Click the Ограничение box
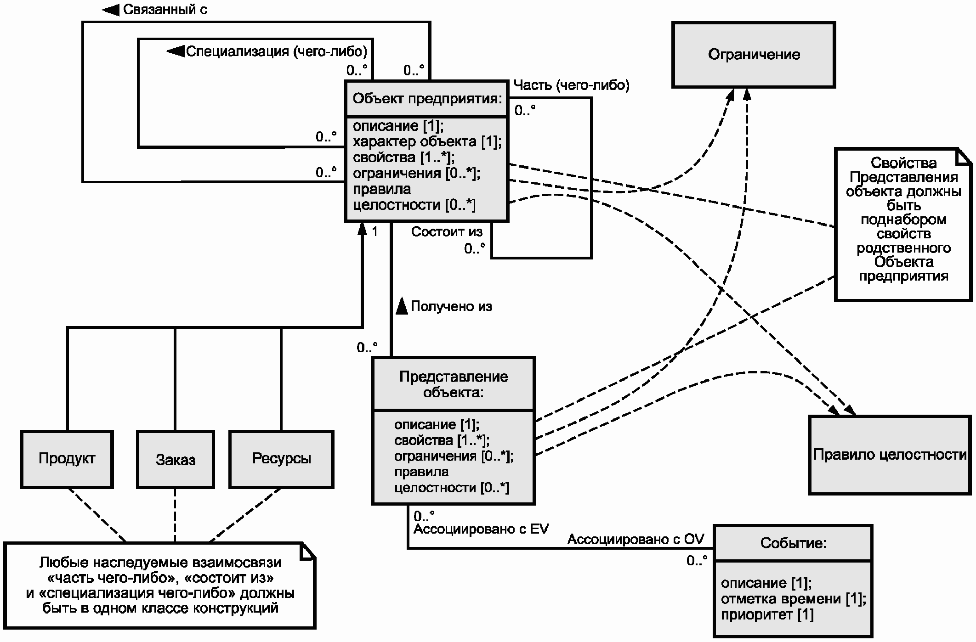[754, 55]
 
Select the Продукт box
[67, 459]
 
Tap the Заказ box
[176, 459]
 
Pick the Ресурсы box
[281, 459]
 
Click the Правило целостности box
[890, 455]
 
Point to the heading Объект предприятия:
[427, 99]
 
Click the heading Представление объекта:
[454, 384]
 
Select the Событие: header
[793, 543]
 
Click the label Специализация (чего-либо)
[277, 51]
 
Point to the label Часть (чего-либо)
[571, 85]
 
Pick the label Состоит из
[447, 232]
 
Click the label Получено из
[451, 306]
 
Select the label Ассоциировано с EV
[481, 529]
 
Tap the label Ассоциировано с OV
[636, 539]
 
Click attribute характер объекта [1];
[427, 141]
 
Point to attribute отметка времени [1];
[794, 599]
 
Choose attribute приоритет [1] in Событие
[767, 614]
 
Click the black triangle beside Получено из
[402, 306]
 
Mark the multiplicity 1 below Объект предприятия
[375, 231]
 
